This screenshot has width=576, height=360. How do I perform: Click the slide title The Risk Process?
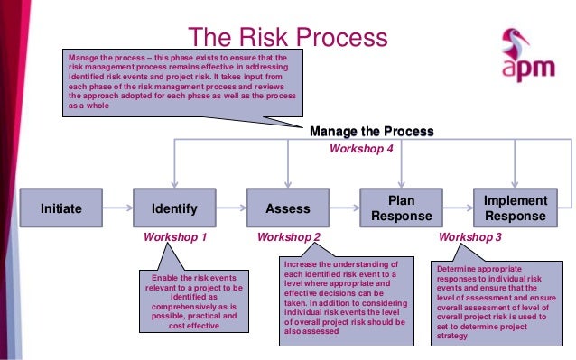(286, 38)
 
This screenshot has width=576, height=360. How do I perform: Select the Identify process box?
(174, 208)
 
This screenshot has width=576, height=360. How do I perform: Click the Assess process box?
(288, 208)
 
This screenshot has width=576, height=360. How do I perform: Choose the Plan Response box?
(401, 208)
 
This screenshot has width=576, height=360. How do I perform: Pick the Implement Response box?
(515, 208)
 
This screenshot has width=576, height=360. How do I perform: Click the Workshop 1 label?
(175, 238)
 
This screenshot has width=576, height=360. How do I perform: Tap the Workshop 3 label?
(469, 238)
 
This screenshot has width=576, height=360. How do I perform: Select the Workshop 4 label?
(359, 149)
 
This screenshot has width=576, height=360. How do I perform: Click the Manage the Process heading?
(371, 132)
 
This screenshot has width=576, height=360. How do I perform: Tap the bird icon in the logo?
(510, 41)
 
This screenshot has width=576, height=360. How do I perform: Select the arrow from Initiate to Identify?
(116, 208)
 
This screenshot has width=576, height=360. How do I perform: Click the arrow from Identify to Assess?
(230, 208)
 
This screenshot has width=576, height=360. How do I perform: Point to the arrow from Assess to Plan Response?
(344, 208)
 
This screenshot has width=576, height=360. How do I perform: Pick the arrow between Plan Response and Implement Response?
(457, 208)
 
